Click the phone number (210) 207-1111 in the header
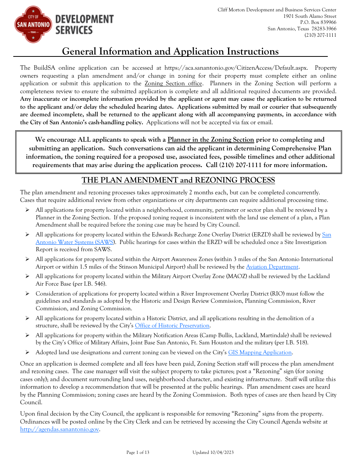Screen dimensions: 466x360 (320, 35)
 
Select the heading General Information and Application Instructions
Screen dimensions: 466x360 (170, 52)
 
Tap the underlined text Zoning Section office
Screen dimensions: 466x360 (173, 83)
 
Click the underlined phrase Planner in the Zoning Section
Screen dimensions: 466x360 (211, 140)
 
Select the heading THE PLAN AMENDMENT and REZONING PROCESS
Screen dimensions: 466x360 (178, 180)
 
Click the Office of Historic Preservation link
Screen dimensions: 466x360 (172, 325)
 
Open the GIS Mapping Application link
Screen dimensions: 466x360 (260, 352)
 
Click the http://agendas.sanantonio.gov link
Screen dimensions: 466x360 (59, 429)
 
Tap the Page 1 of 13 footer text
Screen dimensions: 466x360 (138, 452)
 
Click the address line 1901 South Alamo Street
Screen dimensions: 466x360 (310, 16)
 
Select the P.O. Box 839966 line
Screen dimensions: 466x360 (315, 22)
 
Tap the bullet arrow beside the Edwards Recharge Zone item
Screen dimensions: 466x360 (27, 235)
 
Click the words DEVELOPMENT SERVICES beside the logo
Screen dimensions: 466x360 (84, 25)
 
